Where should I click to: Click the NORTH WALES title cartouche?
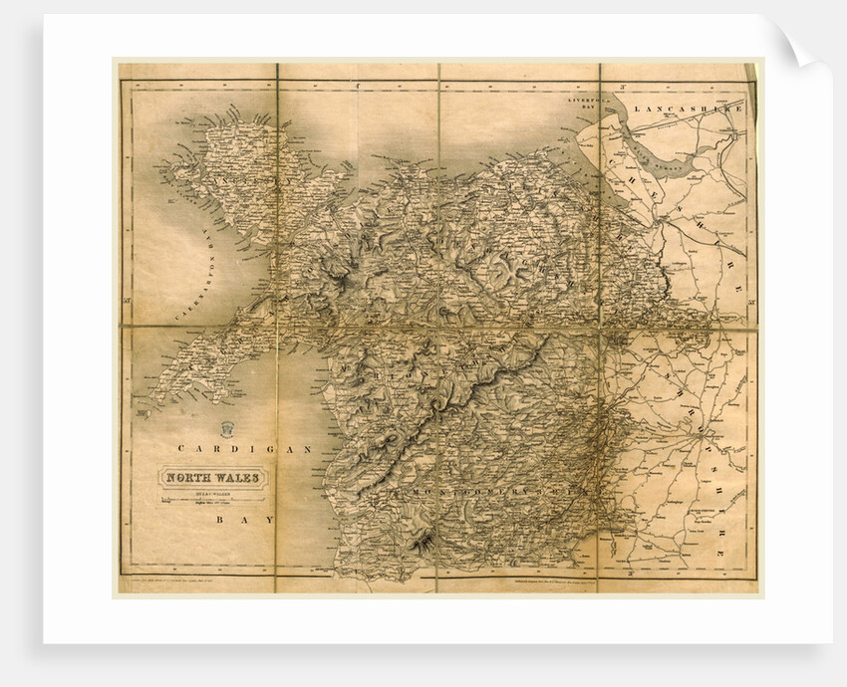[x=213, y=478]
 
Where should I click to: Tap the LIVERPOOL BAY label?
[x=594, y=103]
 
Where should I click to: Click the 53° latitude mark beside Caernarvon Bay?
[x=128, y=299]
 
